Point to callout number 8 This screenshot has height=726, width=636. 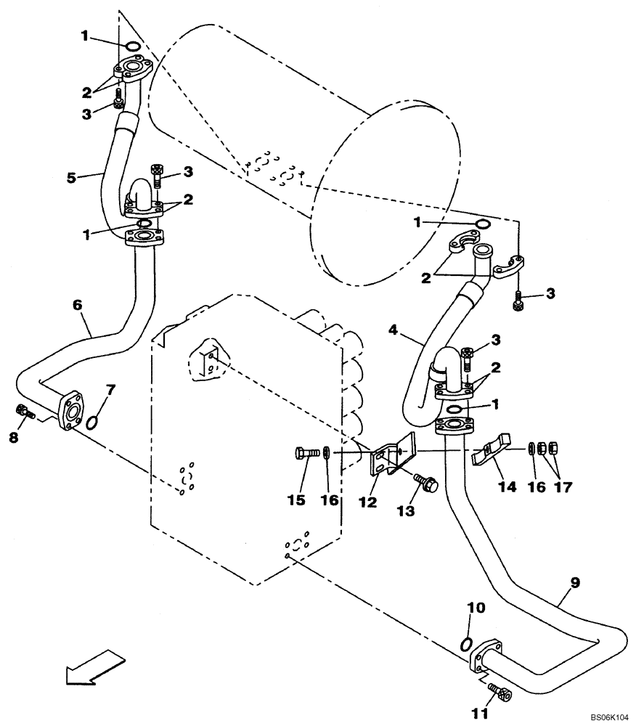[13, 438]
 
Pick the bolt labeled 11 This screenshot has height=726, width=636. [500, 693]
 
